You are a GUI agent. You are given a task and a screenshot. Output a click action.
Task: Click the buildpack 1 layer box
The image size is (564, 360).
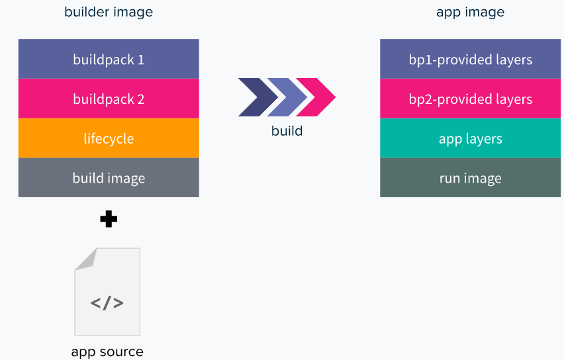[109, 59]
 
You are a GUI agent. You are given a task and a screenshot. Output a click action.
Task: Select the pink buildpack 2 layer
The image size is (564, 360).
[109, 99]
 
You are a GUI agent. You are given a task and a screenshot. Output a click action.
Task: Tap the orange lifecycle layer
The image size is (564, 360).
[109, 138]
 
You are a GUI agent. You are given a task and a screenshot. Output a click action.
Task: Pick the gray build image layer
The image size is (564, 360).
[109, 177]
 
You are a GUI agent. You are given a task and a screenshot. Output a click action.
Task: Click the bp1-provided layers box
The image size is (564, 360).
[470, 59]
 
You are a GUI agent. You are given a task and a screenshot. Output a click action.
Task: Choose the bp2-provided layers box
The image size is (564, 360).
[470, 99]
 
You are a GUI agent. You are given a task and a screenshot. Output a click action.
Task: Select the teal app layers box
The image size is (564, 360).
[470, 138]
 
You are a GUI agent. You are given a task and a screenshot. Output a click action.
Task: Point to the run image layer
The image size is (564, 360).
[470, 177]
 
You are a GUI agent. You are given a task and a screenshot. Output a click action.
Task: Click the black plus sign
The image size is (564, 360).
[109, 219]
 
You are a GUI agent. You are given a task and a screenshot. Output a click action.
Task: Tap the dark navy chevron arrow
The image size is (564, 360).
[254, 97]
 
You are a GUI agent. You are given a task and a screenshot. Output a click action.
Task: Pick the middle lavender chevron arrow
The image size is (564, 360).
[286, 97]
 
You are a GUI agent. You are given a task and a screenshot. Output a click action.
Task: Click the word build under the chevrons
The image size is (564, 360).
[287, 130]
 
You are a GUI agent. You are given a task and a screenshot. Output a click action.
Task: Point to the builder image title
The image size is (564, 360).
[109, 12]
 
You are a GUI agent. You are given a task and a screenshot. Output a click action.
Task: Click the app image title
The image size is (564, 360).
[470, 12]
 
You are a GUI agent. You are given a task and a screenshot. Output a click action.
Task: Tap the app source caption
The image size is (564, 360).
[107, 351]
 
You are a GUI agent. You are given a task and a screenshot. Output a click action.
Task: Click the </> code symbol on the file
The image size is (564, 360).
[107, 303]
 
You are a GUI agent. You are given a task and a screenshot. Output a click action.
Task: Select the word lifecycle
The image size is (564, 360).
[109, 138]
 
